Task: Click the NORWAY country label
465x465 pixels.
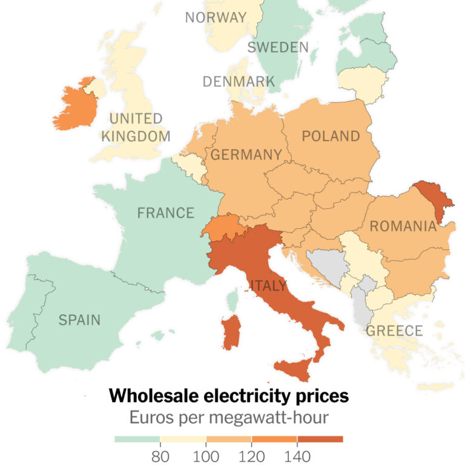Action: [216, 17]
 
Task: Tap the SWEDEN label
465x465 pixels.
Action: [278, 47]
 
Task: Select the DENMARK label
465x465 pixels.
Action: [239, 81]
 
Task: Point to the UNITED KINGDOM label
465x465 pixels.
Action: [136, 127]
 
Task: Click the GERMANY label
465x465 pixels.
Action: [246, 155]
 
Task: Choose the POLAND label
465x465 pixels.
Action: [331, 136]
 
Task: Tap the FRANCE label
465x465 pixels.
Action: [165, 213]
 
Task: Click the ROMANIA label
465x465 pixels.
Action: [403, 226]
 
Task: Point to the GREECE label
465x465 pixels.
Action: [394, 331]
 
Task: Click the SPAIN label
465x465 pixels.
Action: [79, 320]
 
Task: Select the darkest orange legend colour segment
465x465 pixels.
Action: [320, 439]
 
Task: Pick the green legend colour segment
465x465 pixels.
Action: [137, 439]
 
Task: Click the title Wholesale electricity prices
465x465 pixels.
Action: [229, 397]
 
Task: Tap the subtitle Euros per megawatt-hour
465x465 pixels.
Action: [229, 417]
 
